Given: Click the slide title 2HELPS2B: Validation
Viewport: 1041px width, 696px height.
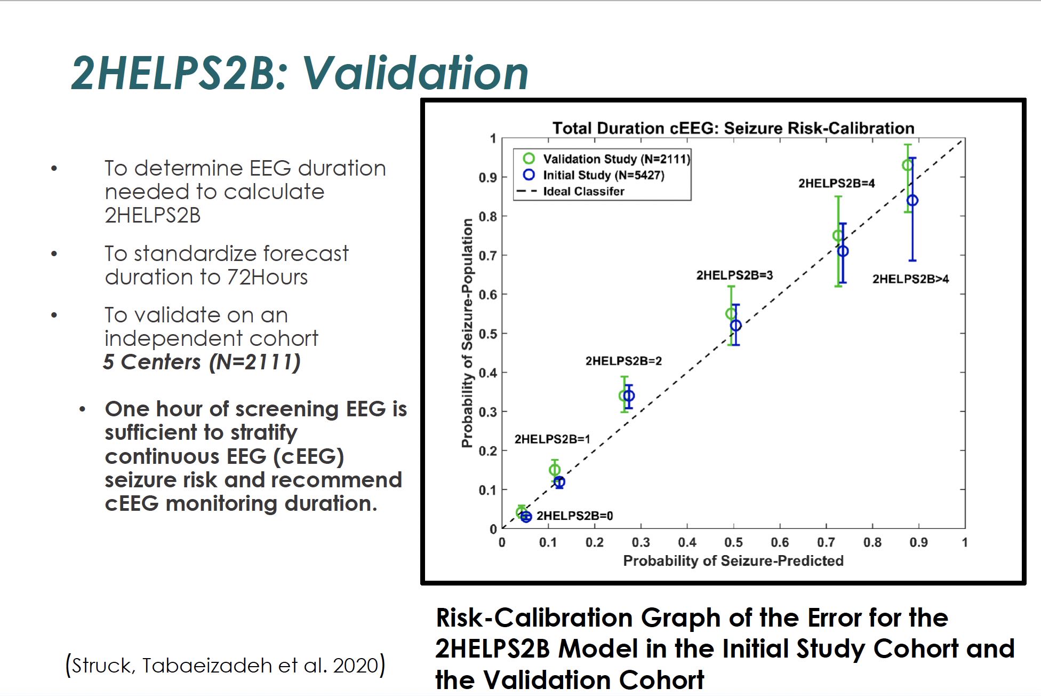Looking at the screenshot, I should (300, 73).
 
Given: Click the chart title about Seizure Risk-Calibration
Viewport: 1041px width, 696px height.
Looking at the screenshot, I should (733, 128).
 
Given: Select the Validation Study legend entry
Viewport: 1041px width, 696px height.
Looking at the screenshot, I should (616, 159).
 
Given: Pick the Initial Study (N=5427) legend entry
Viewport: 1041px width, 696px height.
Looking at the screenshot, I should (603, 175).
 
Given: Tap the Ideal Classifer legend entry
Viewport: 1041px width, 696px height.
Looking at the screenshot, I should (583, 191).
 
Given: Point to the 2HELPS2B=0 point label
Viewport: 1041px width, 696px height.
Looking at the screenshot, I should (574, 516).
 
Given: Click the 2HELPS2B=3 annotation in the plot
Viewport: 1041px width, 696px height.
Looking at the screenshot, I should (734, 275).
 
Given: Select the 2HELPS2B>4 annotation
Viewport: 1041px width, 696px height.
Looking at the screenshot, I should (910, 279).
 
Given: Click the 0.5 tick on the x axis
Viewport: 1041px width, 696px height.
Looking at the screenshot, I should (733, 542).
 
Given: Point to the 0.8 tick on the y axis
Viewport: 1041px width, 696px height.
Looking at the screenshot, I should (487, 217).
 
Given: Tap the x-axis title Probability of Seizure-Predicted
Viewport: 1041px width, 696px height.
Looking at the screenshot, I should (733, 560).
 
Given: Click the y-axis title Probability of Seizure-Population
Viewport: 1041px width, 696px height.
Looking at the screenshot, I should (467, 333).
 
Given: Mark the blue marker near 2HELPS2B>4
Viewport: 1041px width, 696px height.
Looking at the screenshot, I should (912, 201).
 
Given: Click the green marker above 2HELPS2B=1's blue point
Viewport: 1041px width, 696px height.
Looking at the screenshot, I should (555, 470).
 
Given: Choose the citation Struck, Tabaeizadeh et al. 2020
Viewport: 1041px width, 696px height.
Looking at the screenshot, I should (225, 666).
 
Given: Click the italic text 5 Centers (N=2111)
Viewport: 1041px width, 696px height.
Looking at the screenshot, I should (202, 362).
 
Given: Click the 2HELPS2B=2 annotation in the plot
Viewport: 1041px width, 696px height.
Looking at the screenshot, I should (623, 361).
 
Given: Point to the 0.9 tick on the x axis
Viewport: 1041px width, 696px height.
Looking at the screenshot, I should (918, 542).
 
